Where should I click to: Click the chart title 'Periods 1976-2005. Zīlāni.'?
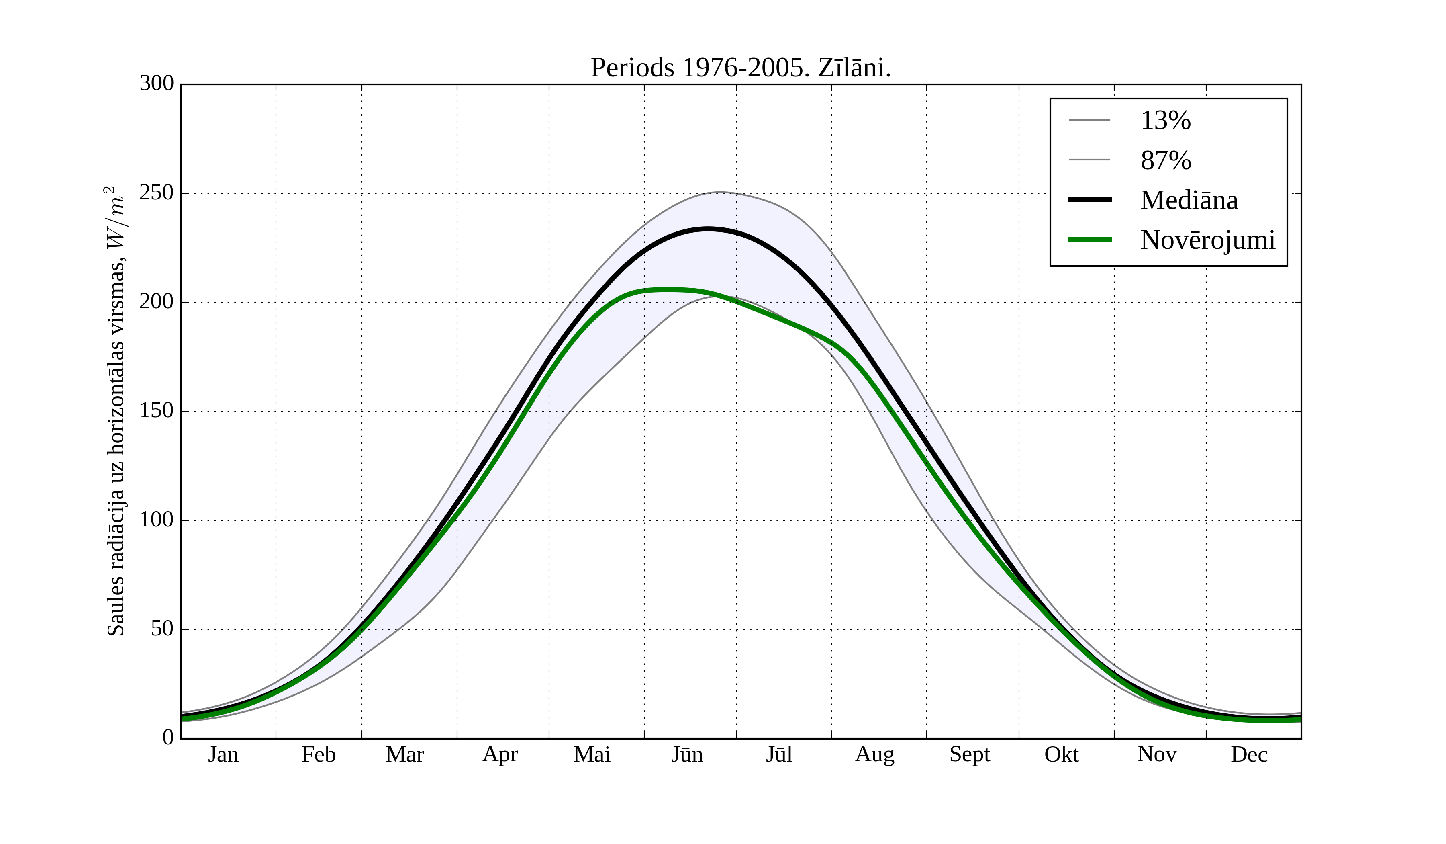(x=740, y=68)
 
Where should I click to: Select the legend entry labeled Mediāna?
(x=1189, y=201)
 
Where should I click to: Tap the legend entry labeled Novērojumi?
(x=1207, y=240)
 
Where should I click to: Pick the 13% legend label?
(x=1165, y=121)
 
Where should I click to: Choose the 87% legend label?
(x=1165, y=160)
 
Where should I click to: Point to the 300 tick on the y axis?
(x=156, y=83)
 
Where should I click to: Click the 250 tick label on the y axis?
(x=156, y=193)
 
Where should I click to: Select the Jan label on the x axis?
(x=223, y=754)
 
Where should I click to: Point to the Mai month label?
(x=592, y=754)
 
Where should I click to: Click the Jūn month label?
(x=687, y=754)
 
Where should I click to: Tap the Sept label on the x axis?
(x=969, y=754)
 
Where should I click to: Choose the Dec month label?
(x=1249, y=754)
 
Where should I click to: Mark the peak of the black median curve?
(x=708, y=229)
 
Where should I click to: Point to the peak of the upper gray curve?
(x=721, y=193)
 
